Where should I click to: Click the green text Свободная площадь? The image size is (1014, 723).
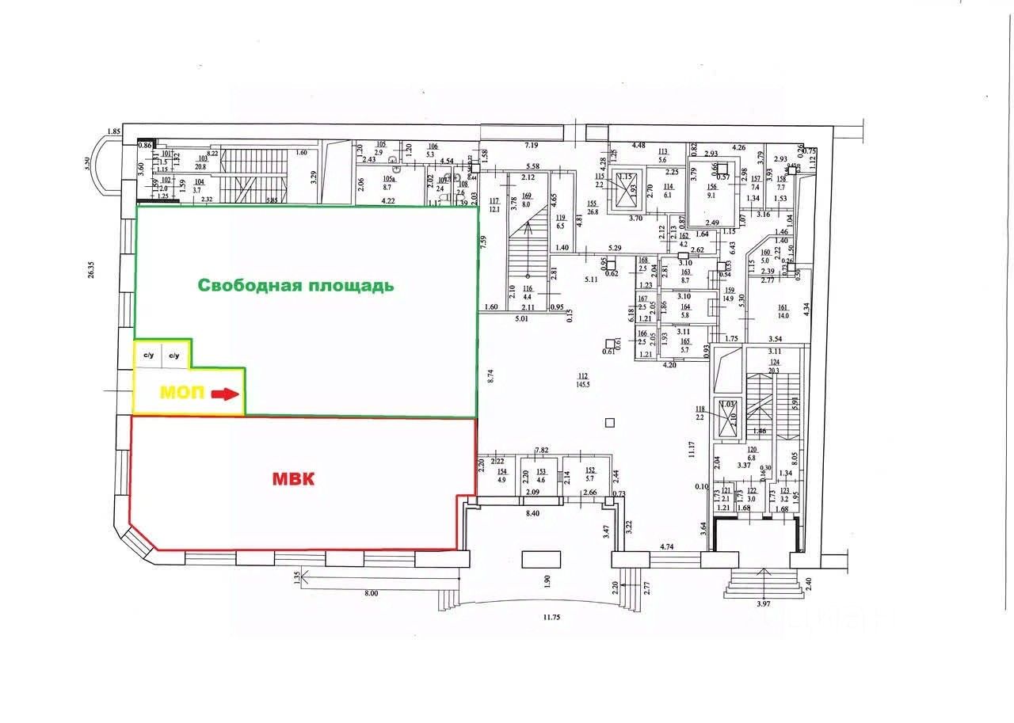pos(295,286)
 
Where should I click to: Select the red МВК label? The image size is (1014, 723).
pos(293,479)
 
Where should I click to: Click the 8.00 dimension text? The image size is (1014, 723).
pos(370,594)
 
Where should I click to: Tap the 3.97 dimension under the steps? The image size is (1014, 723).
pos(764,604)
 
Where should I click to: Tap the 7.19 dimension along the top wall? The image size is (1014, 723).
pos(531,146)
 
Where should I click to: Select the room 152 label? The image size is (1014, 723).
pos(589,470)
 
